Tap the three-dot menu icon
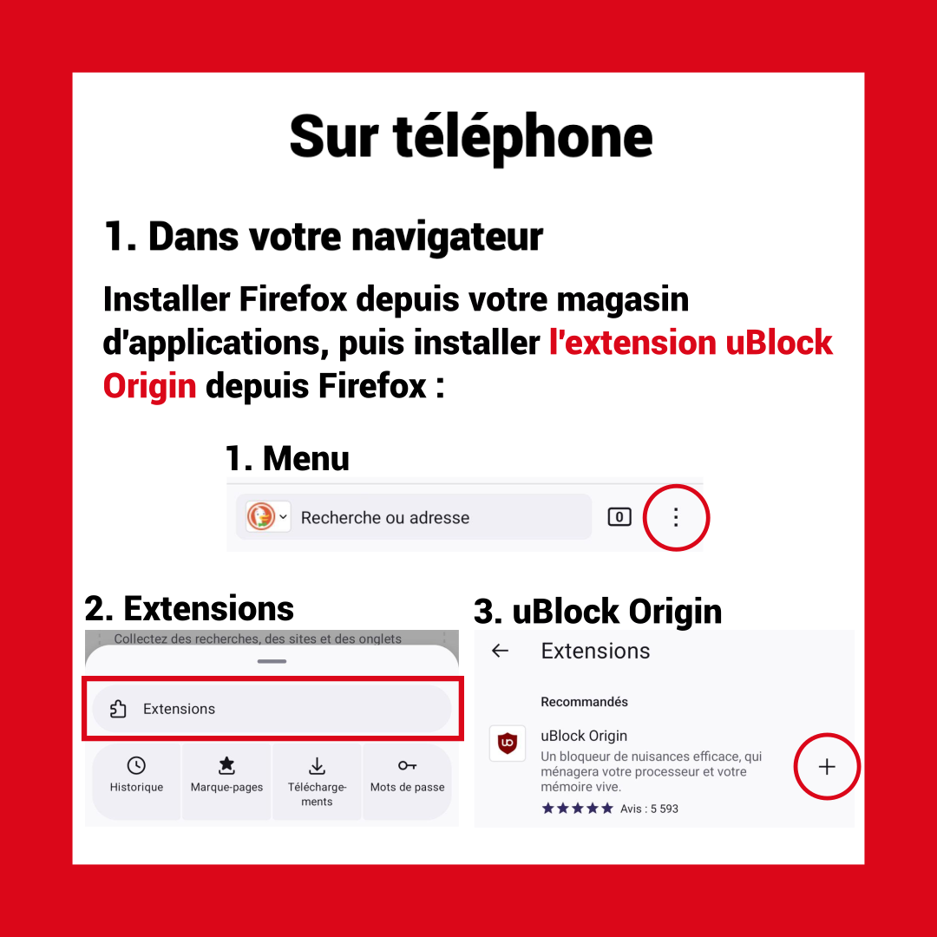[676, 517]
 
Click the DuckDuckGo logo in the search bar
[261, 516]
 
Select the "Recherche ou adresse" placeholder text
[385, 517]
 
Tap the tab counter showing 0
[619, 517]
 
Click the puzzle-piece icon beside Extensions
[118, 709]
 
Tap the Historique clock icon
[136, 765]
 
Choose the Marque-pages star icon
[226, 765]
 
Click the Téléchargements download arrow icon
[317, 765]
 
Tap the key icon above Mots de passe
[407, 765]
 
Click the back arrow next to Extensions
[500, 651]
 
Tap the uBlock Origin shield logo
[508, 744]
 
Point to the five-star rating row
[577, 809]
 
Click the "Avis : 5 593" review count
[649, 809]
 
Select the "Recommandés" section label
[584, 702]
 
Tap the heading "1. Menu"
[287, 459]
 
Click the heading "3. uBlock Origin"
[598, 612]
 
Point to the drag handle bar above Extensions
[272, 661]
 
